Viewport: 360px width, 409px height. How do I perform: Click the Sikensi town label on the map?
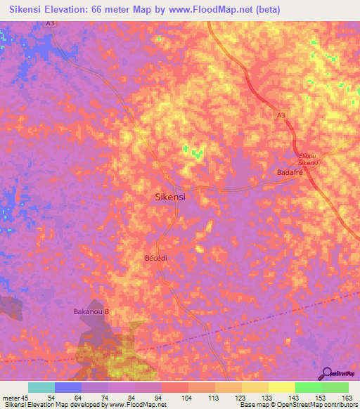[x=169, y=197]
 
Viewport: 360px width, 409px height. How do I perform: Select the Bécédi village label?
[x=155, y=258]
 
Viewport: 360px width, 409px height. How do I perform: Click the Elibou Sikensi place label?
[x=308, y=159]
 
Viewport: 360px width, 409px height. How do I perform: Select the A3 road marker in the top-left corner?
[x=51, y=22]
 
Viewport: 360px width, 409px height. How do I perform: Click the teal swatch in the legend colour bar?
[x=41, y=387]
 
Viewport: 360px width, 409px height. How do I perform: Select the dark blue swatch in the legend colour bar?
[x=68, y=387]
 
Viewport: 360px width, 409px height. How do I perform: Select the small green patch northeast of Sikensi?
[x=193, y=151]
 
